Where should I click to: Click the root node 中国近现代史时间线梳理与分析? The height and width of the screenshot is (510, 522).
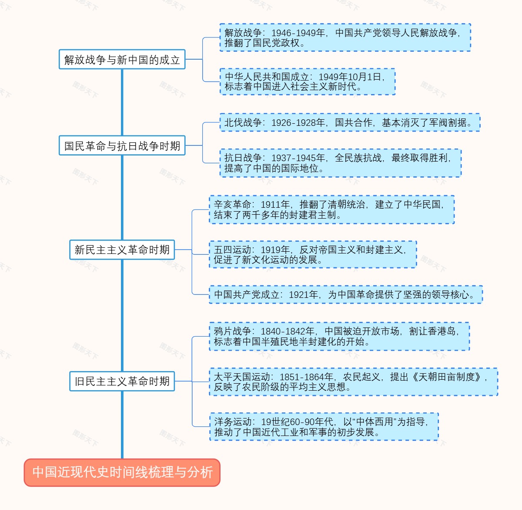coord(122,472)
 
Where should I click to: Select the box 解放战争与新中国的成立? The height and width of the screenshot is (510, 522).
coord(122,60)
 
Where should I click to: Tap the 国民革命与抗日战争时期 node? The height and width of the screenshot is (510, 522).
coord(122,146)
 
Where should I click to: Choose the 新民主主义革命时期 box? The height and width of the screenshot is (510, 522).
coord(122,250)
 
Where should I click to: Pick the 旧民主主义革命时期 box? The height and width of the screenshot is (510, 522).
coord(122,382)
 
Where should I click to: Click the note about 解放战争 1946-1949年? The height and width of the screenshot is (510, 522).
coord(345,38)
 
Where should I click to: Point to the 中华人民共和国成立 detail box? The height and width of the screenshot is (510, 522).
coord(307,82)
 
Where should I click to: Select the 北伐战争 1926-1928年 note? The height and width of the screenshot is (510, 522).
coord(349,123)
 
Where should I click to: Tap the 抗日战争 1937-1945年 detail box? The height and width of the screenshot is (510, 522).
coord(340,163)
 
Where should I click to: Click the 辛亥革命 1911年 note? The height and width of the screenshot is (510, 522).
coord(331,209)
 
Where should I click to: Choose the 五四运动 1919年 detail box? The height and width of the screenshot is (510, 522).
coord(313,255)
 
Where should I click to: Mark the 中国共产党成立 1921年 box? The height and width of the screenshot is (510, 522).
coord(346,295)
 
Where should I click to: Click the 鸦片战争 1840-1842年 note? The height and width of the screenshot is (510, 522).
coord(339,337)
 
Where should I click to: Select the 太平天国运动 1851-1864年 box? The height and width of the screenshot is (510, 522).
coord(353,382)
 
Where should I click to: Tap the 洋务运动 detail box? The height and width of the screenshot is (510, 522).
coord(324,427)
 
